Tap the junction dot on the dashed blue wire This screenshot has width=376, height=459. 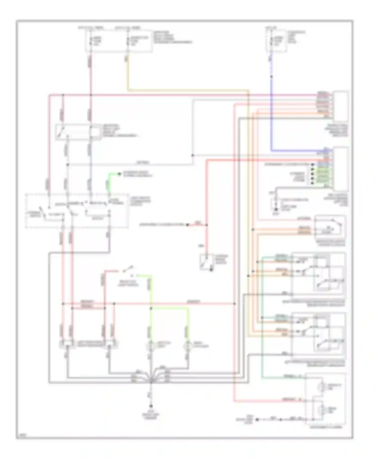271,76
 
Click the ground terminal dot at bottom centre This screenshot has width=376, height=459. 151,406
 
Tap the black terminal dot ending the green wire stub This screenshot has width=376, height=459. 120,174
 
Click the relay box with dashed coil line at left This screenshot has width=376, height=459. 74,132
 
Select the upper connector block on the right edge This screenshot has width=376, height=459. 341,106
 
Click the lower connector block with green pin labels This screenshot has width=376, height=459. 341,169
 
